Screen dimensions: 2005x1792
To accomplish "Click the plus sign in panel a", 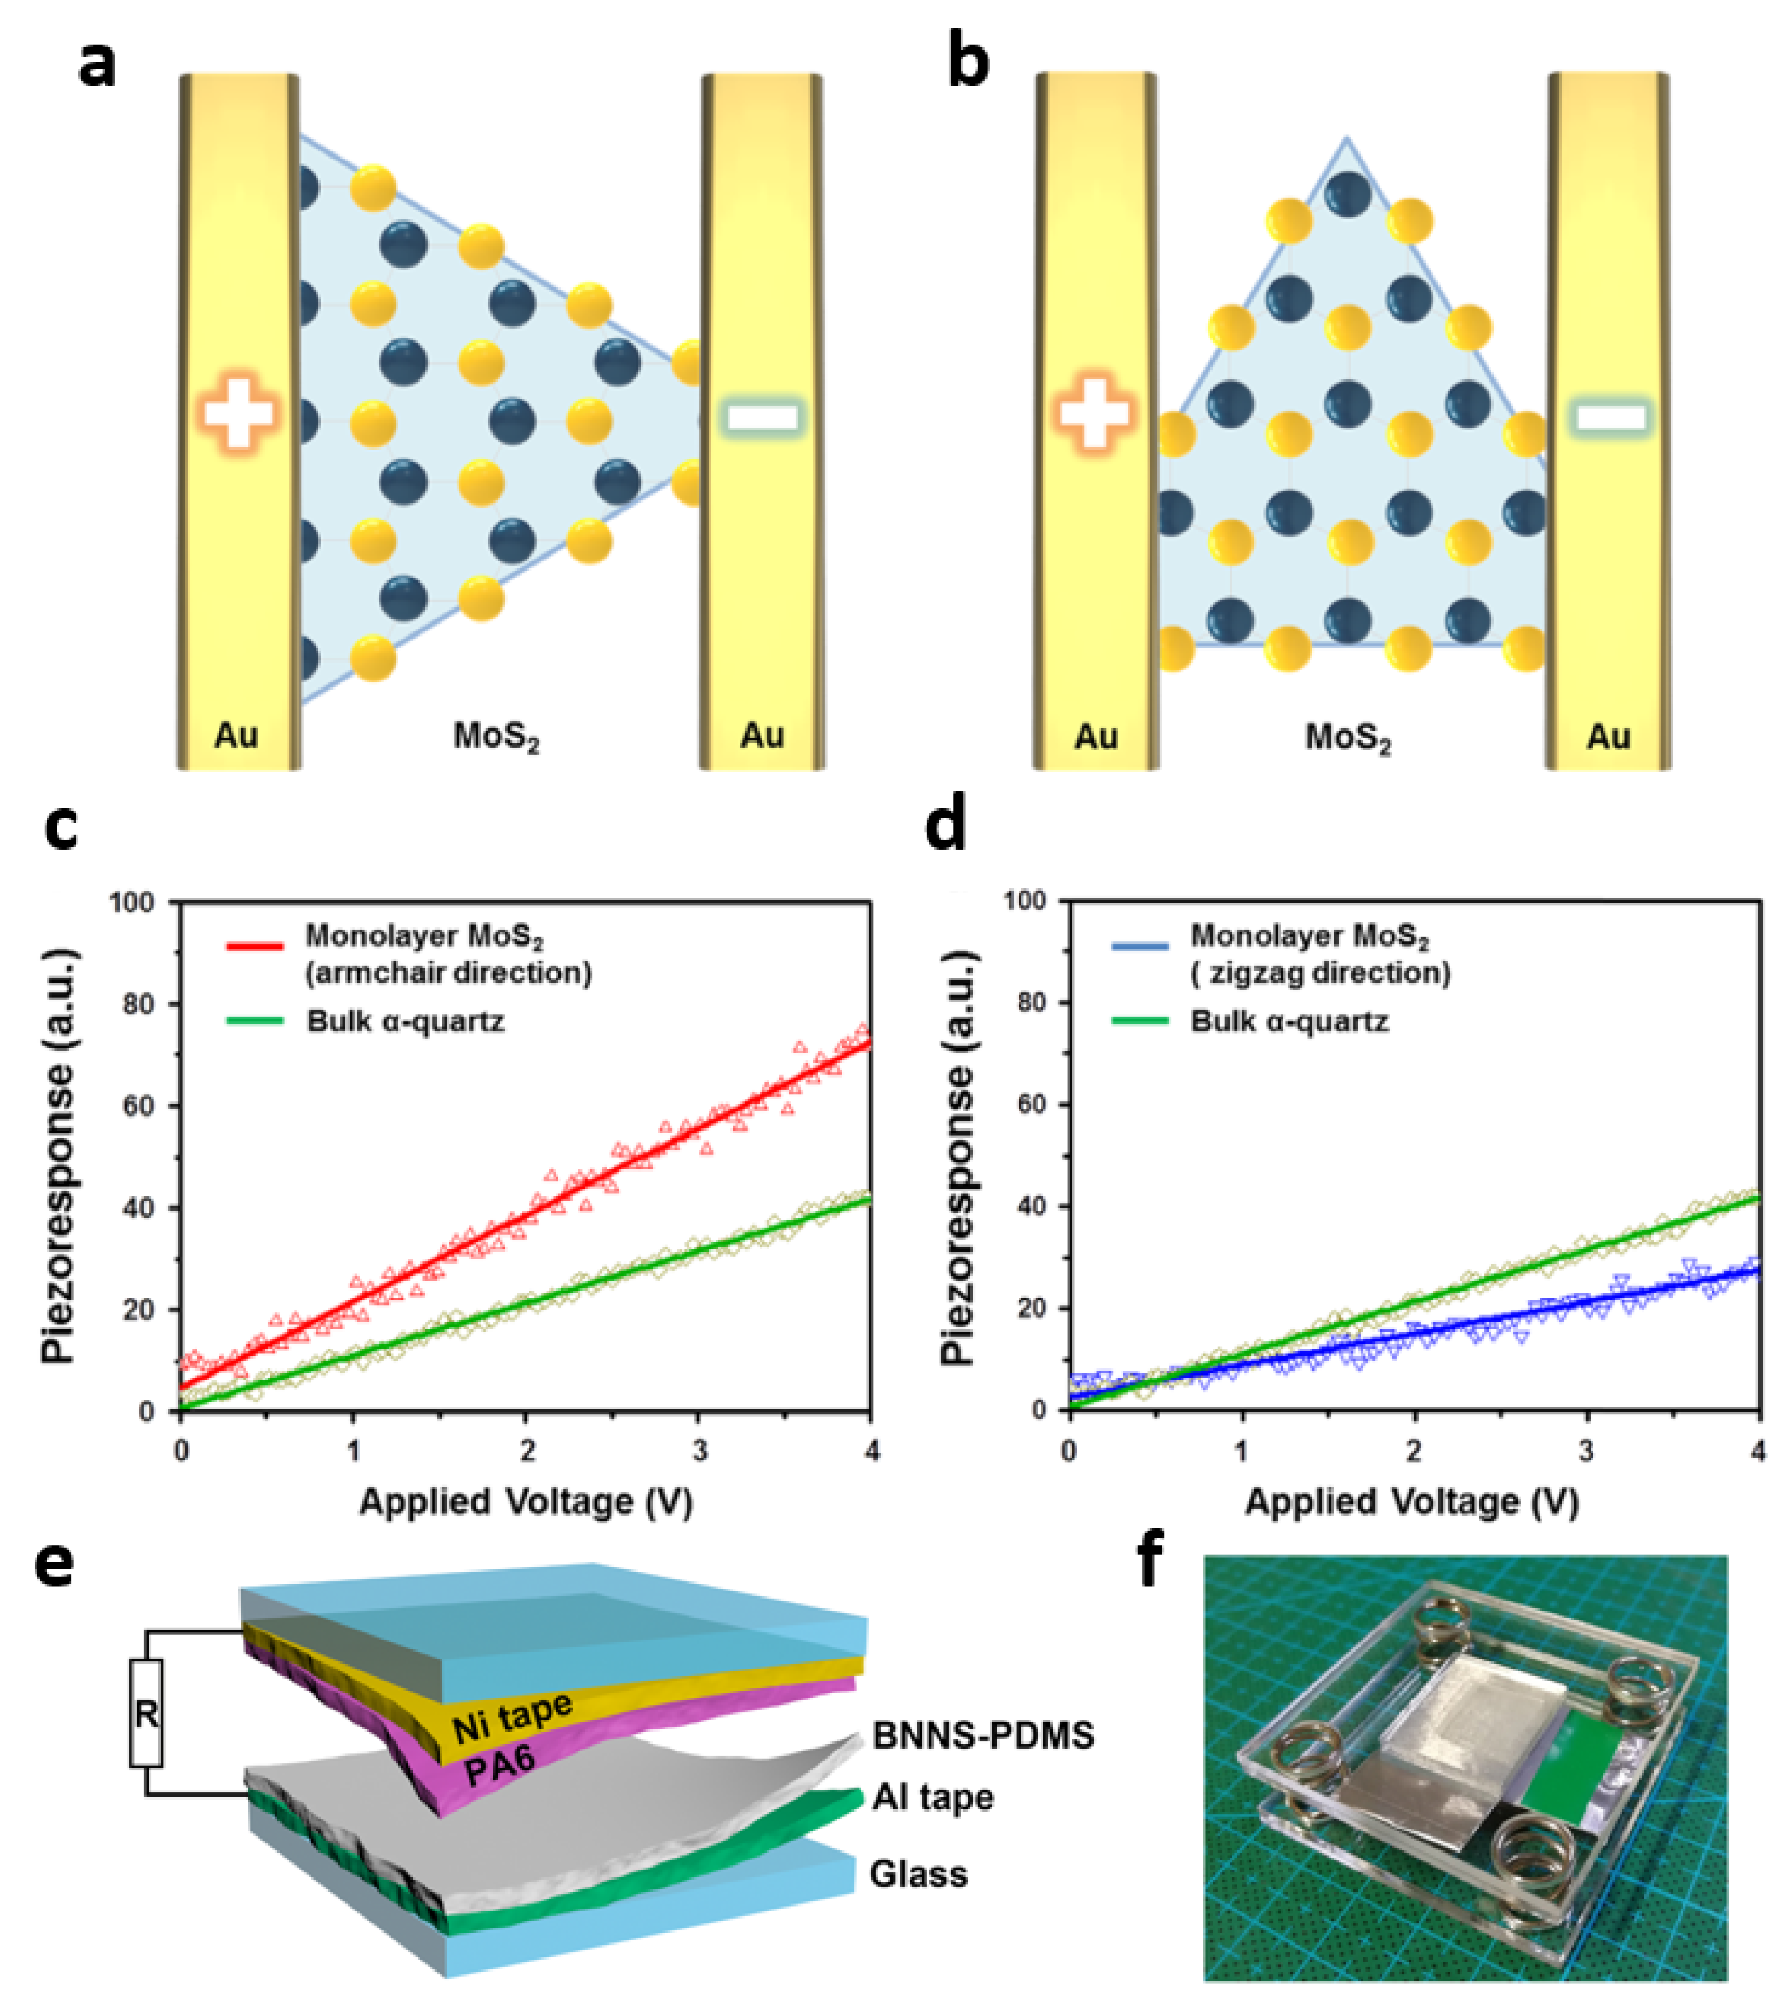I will pos(237,414).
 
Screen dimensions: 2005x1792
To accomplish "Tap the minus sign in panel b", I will pos(1611,417).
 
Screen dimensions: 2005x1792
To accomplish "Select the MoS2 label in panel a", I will pos(496,737).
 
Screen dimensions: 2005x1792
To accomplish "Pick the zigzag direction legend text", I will pos(1320,973).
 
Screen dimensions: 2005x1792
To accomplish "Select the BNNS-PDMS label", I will pos(983,1735).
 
